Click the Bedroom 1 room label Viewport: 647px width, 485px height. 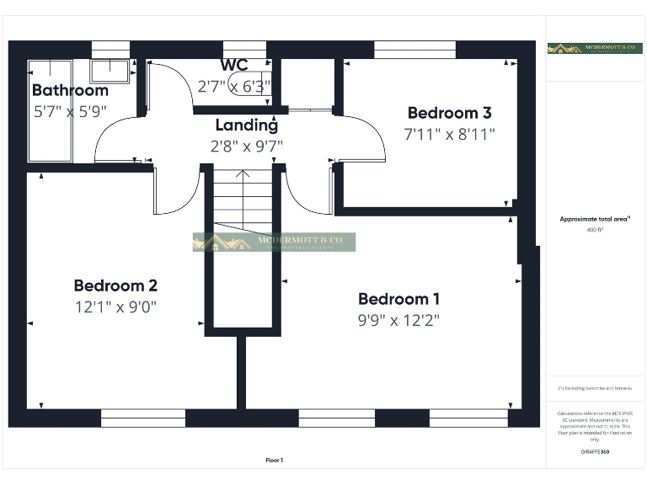[398, 299]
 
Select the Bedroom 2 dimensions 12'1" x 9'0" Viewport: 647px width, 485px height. [115, 306]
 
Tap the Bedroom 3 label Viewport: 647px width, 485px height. [449, 113]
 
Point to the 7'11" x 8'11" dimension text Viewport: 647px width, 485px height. [449, 133]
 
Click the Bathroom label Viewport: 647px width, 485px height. [70, 90]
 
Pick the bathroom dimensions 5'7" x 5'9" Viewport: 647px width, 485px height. [70, 109]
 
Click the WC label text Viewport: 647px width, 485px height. [234, 66]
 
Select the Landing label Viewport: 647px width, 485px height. [246, 125]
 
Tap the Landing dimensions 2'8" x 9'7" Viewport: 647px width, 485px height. [246, 145]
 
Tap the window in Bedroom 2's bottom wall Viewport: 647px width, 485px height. [143, 418]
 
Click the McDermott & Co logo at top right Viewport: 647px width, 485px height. [595, 49]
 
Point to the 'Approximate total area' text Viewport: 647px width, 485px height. [595, 219]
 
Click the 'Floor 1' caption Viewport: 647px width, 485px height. [275, 460]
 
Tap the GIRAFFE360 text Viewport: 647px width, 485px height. [595, 452]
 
